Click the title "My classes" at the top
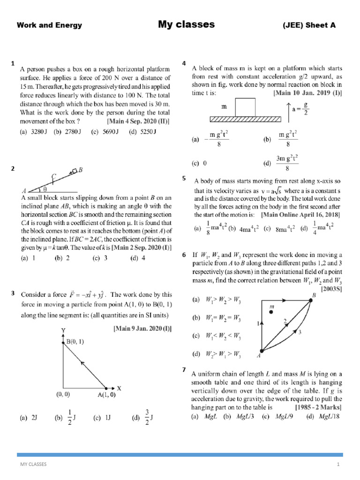coord(186,24)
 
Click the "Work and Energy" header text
coord(49,26)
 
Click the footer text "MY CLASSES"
coord(33,465)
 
